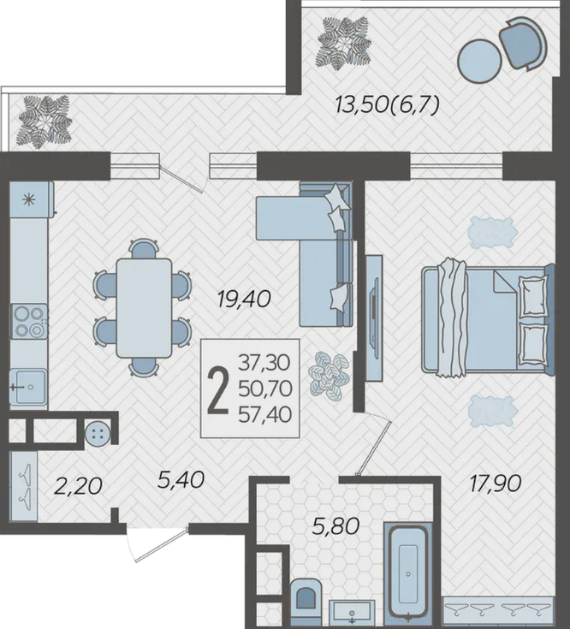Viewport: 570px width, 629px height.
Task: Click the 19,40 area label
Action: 244,300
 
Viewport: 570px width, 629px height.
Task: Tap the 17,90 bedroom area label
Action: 496,484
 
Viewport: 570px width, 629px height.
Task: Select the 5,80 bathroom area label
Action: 335,526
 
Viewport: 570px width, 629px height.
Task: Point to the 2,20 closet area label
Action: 78,487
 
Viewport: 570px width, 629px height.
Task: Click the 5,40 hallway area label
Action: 181,480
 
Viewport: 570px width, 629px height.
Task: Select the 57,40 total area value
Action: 264,415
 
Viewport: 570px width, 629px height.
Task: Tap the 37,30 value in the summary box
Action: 264,363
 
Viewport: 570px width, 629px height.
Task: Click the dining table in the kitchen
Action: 144,308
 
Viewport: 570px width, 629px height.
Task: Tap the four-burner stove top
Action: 29,321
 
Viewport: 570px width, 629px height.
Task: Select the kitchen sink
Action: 29,387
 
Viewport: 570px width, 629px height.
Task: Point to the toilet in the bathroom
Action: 306,603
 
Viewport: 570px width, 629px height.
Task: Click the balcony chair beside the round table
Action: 523,44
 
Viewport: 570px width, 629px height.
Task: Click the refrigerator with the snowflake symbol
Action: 32,199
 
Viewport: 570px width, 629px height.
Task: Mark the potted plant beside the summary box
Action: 329,377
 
